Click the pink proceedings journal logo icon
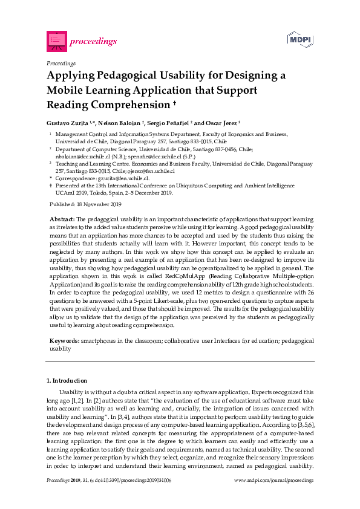click(56, 41)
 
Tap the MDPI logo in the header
click(299, 39)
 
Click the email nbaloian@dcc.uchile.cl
click(82, 155)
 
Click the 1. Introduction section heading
click(67, 380)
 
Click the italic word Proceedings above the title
click(61, 63)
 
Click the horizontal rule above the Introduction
click(180, 361)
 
